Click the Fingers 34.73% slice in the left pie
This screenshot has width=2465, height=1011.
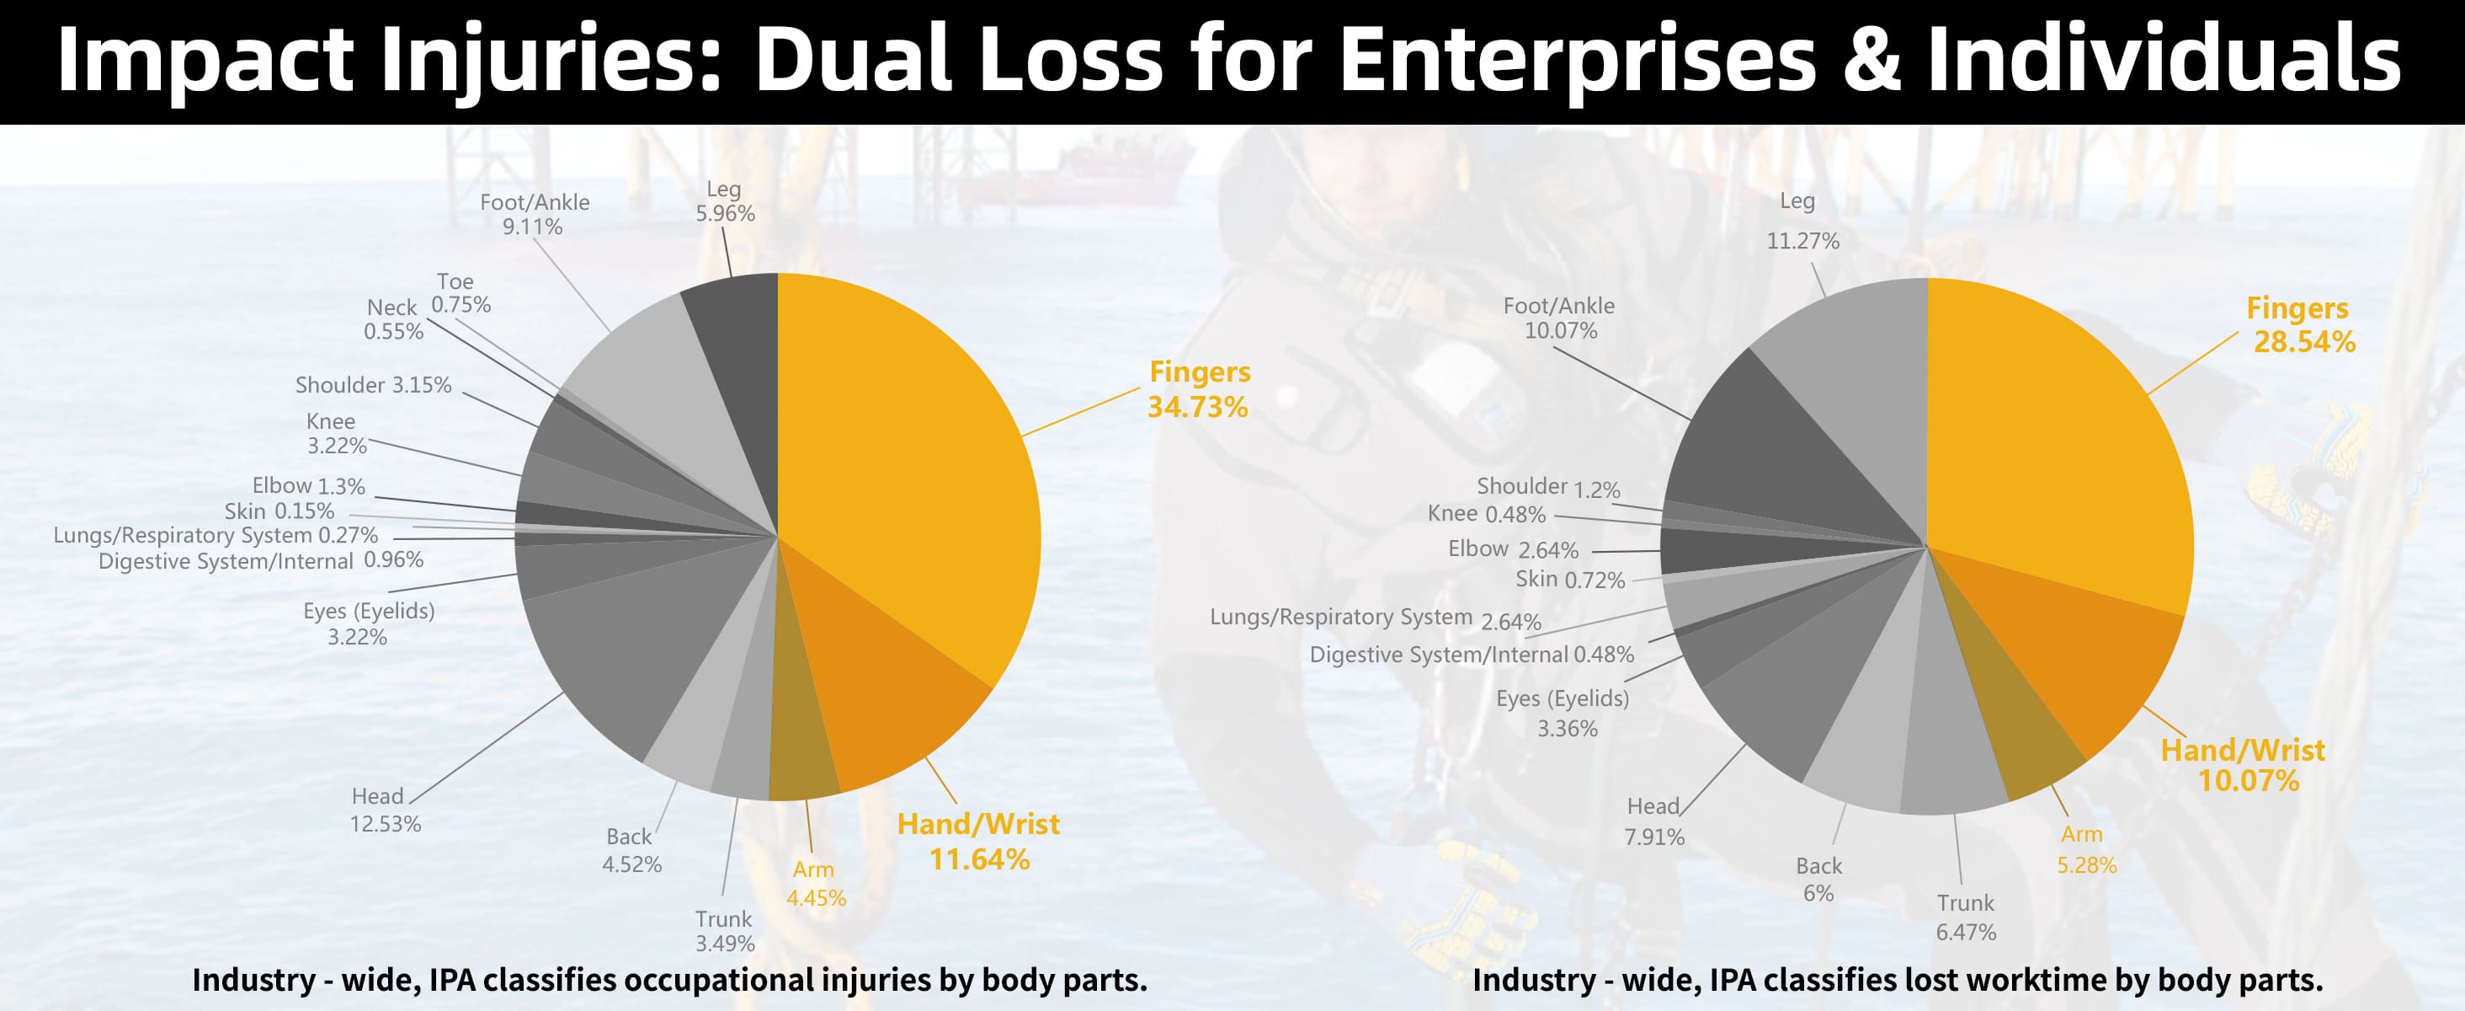pyautogui.click(x=909, y=459)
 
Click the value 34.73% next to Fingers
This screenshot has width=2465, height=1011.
pyautogui.click(x=1197, y=407)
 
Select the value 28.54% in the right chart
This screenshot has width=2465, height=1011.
pyautogui.click(x=2304, y=342)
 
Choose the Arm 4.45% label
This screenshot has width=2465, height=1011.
pyautogui.click(x=815, y=884)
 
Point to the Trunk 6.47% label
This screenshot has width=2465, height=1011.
pyautogui.click(x=1966, y=917)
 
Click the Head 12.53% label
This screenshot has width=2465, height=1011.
pyautogui.click(x=385, y=810)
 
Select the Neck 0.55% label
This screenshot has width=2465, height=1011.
pyautogui.click(x=393, y=318)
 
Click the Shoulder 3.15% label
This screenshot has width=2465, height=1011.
pyautogui.click(x=373, y=385)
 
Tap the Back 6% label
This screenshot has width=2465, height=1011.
pyautogui.click(x=1818, y=879)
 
